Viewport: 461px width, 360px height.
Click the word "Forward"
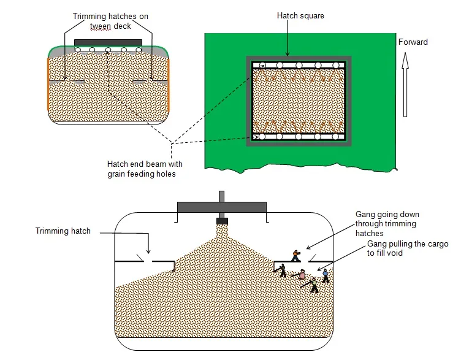[413, 42]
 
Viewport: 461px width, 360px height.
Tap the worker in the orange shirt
[297, 255]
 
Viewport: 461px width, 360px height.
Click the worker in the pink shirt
[302, 275]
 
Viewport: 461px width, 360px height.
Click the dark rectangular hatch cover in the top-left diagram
[108, 42]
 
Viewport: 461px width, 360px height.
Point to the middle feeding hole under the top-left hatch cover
[108, 50]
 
